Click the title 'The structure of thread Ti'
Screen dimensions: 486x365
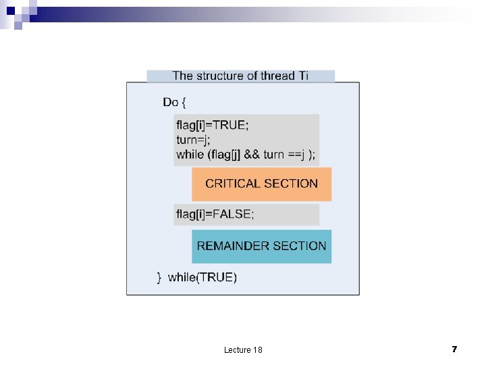240,76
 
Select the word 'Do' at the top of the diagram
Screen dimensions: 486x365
170,102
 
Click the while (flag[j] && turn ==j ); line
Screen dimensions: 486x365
246,154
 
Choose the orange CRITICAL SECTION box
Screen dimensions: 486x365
261,184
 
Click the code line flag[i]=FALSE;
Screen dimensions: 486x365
215,214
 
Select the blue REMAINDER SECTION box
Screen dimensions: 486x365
261,246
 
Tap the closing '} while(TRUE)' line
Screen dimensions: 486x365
197,277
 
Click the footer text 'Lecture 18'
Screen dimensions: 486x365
243,349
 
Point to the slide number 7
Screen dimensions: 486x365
454,349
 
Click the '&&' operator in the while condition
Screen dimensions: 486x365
251,154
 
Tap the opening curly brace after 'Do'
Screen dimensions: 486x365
184,102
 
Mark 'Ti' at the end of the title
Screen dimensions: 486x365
303,76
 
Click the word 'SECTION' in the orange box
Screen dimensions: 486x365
291,184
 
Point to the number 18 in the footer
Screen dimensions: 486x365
257,349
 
